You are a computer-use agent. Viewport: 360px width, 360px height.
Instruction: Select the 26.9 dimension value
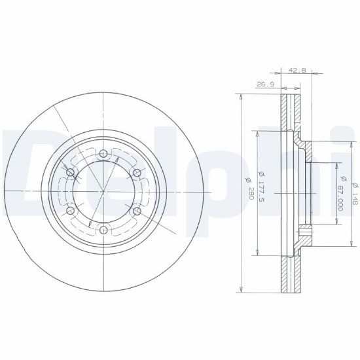click(x=265, y=84)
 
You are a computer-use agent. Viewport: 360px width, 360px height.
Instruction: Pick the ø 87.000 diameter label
click(x=341, y=194)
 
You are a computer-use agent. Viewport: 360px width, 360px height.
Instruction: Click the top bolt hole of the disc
click(x=103, y=153)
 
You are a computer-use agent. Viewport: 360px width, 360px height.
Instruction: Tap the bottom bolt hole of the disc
click(x=104, y=230)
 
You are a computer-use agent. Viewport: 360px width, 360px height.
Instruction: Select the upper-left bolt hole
click(x=71, y=172)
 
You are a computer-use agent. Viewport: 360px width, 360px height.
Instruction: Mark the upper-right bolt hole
click(x=137, y=172)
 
